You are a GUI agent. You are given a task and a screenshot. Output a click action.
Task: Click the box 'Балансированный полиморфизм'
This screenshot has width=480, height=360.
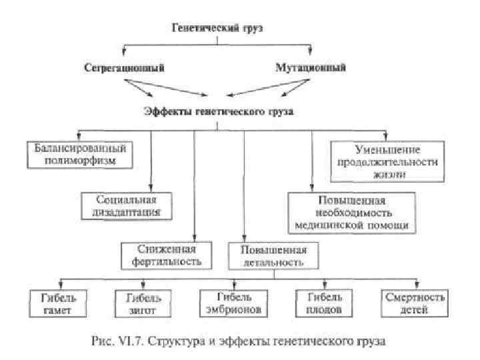(80, 153)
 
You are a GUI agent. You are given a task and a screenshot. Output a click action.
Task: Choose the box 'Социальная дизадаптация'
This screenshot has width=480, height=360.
(126, 205)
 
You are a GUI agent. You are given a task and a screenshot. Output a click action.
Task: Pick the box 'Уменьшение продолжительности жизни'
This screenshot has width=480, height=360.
(386, 161)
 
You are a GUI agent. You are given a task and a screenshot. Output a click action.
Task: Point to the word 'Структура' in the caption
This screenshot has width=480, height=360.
(170, 341)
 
